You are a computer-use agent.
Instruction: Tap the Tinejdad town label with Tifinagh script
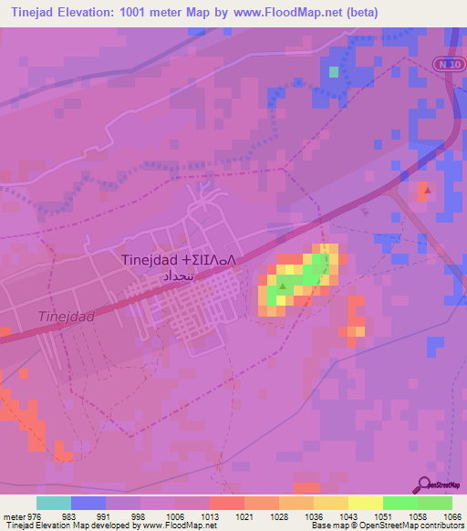click(x=179, y=260)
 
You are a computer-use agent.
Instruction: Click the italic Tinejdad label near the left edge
click(x=67, y=317)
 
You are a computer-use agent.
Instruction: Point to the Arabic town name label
click(x=178, y=275)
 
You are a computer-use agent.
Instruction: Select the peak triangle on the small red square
click(x=423, y=188)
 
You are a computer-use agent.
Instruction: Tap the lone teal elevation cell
click(x=334, y=71)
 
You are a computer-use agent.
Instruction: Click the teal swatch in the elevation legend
click(x=54, y=503)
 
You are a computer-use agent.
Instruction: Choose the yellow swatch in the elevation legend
click(x=366, y=503)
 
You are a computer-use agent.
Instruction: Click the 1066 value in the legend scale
click(x=453, y=516)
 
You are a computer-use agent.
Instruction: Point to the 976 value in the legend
click(x=28, y=516)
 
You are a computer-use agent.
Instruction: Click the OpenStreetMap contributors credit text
click(x=413, y=526)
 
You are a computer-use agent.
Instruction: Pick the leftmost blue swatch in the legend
click(x=88, y=503)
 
